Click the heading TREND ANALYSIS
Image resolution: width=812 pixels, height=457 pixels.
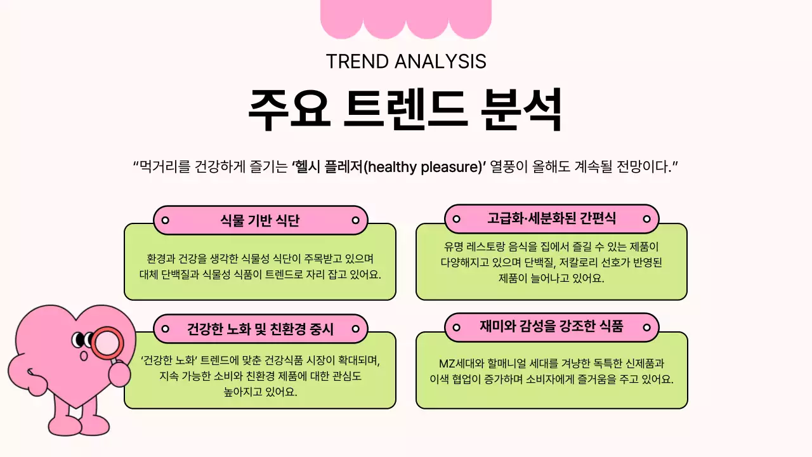406,62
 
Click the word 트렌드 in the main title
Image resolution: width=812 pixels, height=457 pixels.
406,109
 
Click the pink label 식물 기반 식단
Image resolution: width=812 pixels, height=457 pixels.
260,220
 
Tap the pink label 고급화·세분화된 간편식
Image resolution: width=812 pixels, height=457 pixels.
551,219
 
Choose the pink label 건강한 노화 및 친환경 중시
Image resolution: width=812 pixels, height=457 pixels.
260,329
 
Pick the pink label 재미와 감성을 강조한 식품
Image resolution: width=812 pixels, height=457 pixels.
551,327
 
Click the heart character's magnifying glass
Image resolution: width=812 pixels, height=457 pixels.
106,343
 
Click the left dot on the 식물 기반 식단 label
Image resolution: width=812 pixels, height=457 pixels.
165,220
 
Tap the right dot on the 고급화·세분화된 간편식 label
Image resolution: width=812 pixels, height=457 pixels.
646,219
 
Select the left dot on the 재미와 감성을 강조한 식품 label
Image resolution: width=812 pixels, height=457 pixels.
456,328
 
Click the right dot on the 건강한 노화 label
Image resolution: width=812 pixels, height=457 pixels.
355,329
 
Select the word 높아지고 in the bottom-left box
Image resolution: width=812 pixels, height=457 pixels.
244,392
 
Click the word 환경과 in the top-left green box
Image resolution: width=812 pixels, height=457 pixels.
161,259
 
